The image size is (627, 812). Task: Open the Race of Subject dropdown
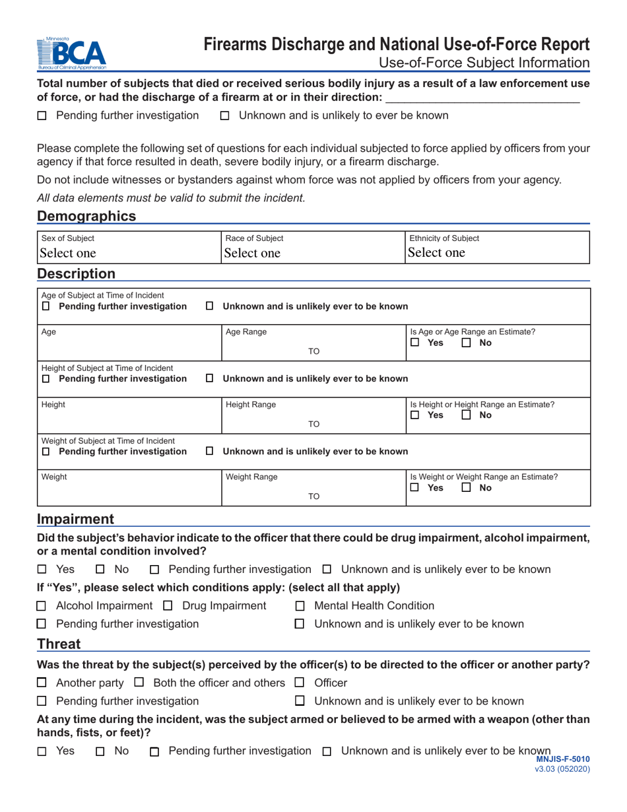pos(313,253)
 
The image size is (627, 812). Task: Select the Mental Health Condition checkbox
pos(300,606)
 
